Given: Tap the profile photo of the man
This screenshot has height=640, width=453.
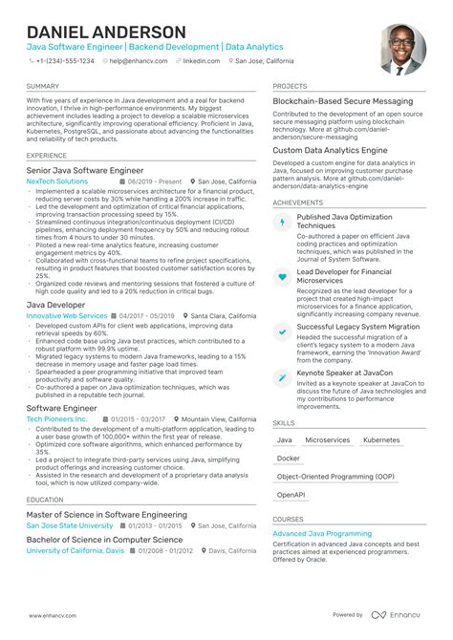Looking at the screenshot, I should tap(402, 49).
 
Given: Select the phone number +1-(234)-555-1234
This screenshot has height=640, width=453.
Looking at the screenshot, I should tap(65, 60).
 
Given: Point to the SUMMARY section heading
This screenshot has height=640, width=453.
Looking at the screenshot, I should tap(44, 86).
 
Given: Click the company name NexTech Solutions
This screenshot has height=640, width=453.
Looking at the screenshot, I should tap(56, 181).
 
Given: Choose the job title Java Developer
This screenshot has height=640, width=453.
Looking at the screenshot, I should tap(55, 304).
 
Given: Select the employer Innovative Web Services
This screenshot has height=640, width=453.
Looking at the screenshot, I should tap(66, 315).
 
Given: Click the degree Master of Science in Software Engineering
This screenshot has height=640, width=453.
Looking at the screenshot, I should tap(106, 515).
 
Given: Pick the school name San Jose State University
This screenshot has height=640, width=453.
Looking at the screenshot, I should tap(69, 525).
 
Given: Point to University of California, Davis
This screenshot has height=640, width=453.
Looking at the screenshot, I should tap(75, 551).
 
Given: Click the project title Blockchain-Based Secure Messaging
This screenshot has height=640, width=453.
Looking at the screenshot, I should tap(342, 101).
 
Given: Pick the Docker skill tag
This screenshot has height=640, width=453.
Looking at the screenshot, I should tap(288, 459).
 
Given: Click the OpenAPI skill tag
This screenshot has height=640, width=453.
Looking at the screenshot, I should tap(291, 495).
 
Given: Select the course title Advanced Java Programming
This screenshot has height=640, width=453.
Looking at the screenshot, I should tap(322, 534).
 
